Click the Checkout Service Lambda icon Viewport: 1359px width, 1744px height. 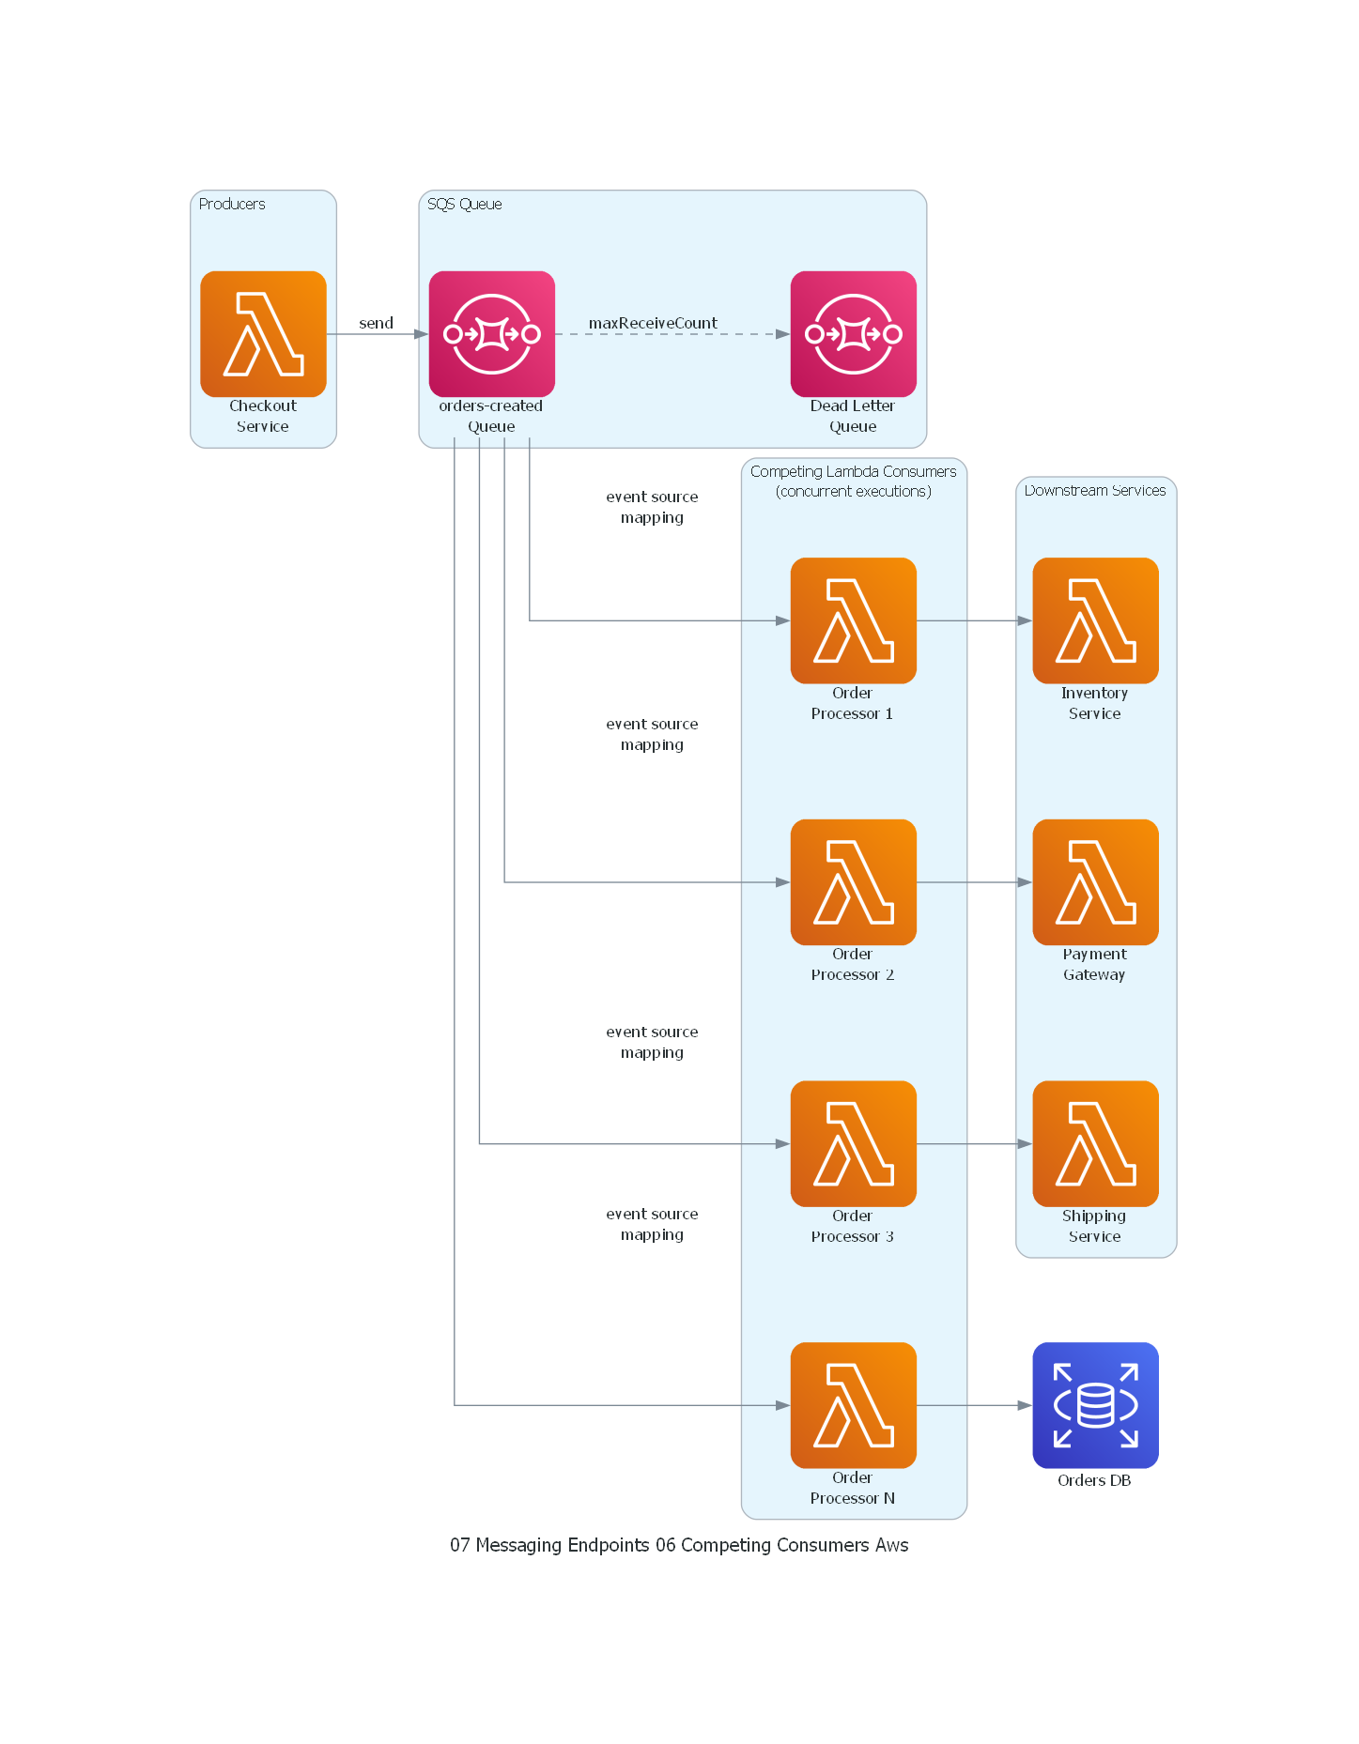click(x=263, y=334)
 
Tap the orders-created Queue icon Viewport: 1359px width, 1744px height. click(x=491, y=334)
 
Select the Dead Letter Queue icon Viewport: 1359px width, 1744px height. click(x=853, y=334)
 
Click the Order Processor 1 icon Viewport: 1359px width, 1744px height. click(x=853, y=620)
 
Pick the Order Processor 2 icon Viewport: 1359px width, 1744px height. click(x=853, y=882)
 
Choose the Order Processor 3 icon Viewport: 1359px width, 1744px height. click(x=853, y=1143)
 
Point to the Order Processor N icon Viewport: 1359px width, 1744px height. click(x=853, y=1405)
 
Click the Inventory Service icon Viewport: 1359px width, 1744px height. click(x=1095, y=620)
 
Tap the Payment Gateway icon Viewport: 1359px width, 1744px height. click(x=1095, y=882)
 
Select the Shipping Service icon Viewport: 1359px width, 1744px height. click(x=1095, y=1143)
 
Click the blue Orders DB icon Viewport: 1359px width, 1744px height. click(x=1095, y=1405)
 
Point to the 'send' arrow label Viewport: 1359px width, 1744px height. click(x=376, y=323)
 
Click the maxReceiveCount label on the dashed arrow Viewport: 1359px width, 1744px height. click(x=653, y=323)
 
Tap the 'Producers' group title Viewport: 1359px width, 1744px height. click(x=232, y=205)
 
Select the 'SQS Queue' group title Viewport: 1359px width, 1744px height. click(x=464, y=205)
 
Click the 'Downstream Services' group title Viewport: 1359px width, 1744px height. click(x=1095, y=490)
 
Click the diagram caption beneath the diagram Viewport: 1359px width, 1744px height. click(x=679, y=1545)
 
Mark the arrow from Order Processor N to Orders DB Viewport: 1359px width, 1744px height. click(x=974, y=1405)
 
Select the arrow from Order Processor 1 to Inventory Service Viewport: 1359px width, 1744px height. click(x=974, y=620)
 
